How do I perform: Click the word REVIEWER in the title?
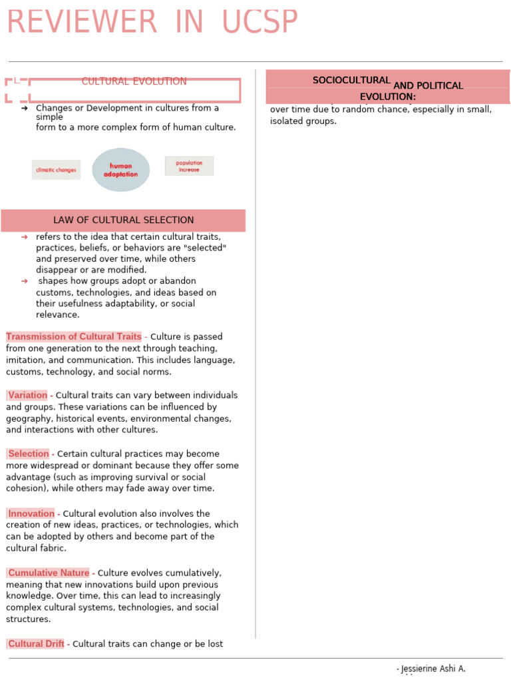(x=81, y=22)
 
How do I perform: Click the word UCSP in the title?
(x=260, y=22)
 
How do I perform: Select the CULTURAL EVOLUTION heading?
(x=134, y=81)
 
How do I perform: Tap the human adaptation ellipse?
(x=121, y=170)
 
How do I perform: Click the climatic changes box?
(x=56, y=170)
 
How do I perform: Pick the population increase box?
(x=189, y=166)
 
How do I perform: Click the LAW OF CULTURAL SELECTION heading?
(x=124, y=220)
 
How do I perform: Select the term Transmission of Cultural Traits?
(x=73, y=336)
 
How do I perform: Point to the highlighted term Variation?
(x=27, y=395)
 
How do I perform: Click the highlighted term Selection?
(x=28, y=454)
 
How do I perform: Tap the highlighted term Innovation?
(x=31, y=513)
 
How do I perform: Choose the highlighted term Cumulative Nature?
(x=48, y=573)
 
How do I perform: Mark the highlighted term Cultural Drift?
(x=36, y=644)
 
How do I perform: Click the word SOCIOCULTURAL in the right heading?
(x=351, y=81)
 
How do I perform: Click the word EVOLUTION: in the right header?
(x=388, y=97)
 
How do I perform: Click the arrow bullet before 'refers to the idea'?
(x=25, y=237)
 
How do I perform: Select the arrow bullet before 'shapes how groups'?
(x=25, y=281)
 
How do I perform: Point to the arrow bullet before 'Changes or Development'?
(x=25, y=108)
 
